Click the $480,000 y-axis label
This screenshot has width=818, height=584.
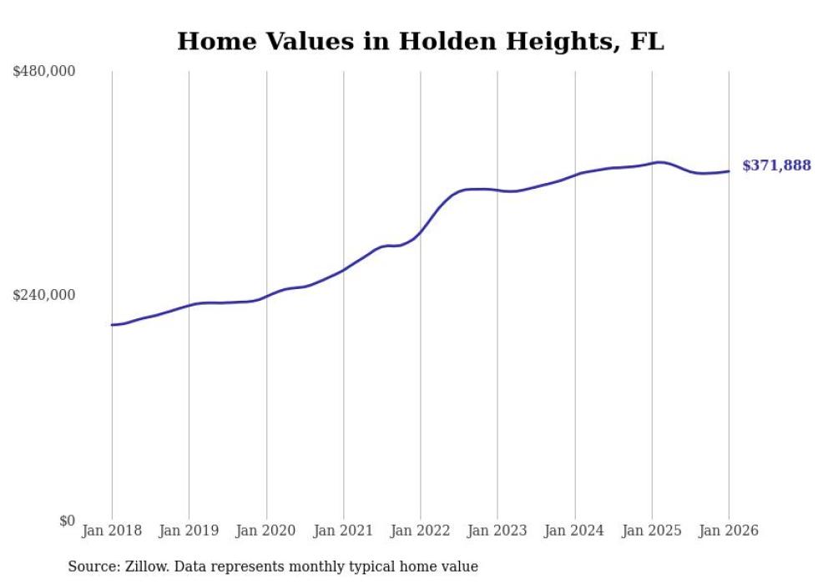tap(44, 72)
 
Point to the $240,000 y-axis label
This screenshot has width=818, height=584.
tap(44, 295)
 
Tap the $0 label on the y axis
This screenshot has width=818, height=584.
tap(67, 521)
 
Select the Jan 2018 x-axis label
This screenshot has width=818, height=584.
tap(112, 531)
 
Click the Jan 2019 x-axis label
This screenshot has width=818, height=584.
tap(189, 531)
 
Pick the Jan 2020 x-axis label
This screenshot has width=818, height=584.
tap(266, 531)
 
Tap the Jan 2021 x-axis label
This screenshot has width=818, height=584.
tap(343, 531)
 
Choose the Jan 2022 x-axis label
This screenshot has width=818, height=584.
tap(421, 531)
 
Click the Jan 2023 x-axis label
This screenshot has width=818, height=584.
tap(497, 531)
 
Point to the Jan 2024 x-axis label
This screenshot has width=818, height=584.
tap(575, 531)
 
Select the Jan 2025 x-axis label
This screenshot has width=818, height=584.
tap(652, 531)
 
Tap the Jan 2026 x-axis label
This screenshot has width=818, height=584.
tap(729, 531)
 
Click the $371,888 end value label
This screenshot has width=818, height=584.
tap(776, 165)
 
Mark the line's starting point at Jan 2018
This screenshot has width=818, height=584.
tap(112, 324)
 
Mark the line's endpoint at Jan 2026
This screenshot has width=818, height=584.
tap(729, 171)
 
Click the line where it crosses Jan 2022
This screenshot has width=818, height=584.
tap(421, 231)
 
